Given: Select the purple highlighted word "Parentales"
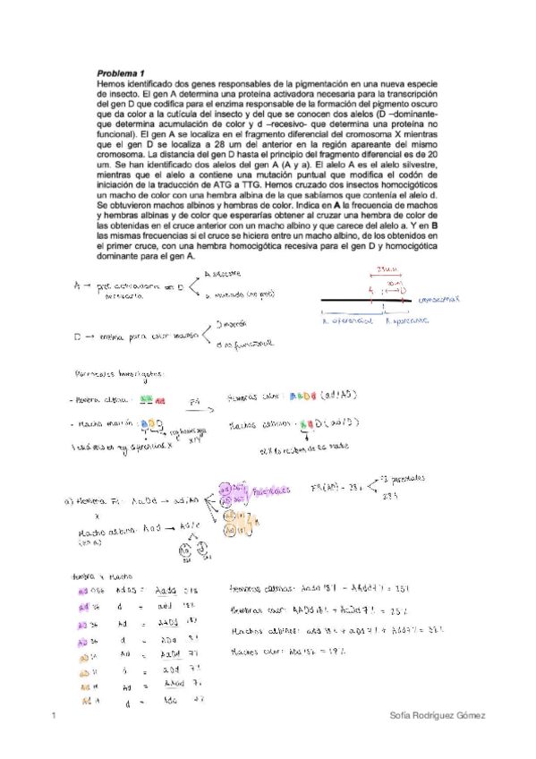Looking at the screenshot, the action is (271, 492).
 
